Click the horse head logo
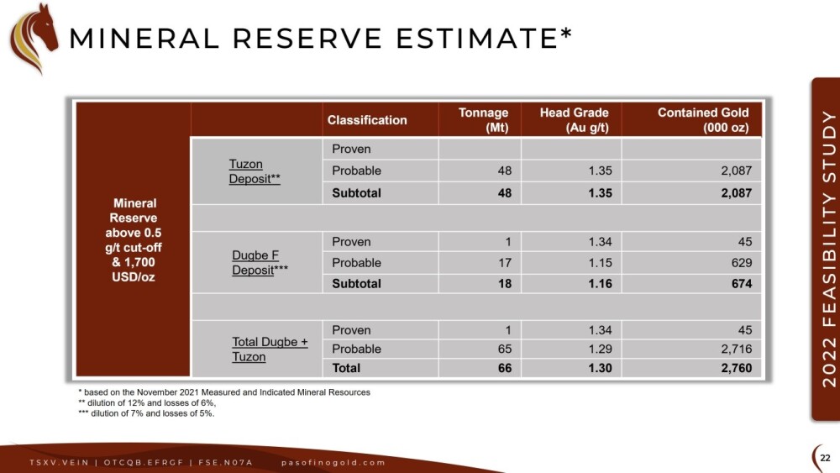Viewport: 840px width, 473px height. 34,38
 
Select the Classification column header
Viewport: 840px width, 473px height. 367,120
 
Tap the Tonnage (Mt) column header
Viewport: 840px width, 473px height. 483,120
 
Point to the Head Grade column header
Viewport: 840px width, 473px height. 575,120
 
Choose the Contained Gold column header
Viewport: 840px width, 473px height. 703,120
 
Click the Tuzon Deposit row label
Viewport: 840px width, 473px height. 255,171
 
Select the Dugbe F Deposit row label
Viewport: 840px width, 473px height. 260,262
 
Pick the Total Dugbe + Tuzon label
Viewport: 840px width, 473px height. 270,349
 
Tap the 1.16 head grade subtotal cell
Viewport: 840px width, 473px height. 600,283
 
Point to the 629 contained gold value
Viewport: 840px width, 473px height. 742,262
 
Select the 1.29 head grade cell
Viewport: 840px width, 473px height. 600,349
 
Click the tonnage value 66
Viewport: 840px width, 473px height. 505,368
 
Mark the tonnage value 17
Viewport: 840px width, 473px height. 505,262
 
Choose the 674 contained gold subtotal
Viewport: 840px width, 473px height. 742,283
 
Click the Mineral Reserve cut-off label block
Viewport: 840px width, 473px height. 134,240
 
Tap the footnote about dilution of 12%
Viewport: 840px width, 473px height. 147,402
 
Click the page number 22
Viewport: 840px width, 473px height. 825,458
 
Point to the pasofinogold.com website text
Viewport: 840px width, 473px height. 333,462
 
